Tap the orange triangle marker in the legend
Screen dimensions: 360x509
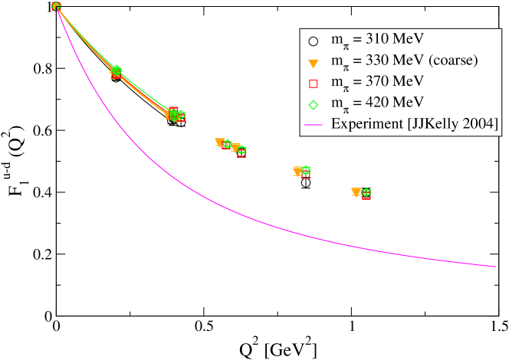coord(313,62)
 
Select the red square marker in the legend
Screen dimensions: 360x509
coord(313,83)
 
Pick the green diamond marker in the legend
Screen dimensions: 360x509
coord(313,103)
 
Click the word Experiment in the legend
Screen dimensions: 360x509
coord(363,123)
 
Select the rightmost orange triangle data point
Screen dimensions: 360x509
coord(356,191)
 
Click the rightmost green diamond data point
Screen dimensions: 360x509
coord(366,192)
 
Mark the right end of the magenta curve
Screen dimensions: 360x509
coord(495,267)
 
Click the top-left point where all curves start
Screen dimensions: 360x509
coord(56,6)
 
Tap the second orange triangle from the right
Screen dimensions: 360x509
coord(297,171)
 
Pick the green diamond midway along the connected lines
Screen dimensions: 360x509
coord(117,70)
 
